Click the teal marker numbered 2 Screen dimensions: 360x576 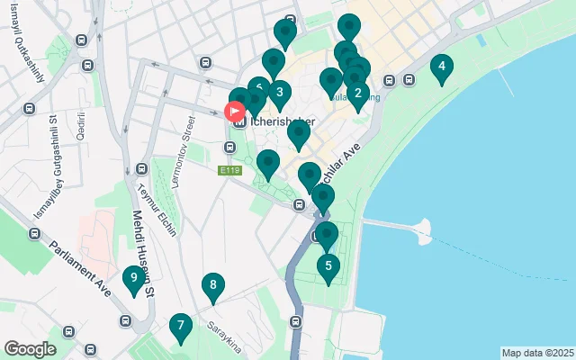click(358, 92)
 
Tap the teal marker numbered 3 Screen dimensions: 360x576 click(279, 92)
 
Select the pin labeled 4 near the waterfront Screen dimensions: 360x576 click(441, 66)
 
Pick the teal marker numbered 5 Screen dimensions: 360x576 click(328, 265)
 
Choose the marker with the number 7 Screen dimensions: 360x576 click(180, 326)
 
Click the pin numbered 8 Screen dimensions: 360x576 click(212, 287)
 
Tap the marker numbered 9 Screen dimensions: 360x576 click(133, 279)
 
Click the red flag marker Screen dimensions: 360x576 click(235, 112)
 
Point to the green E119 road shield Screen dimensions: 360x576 click(229, 169)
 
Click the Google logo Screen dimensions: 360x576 click(31, 348)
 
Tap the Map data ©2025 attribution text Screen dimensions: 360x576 click(536, 353)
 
